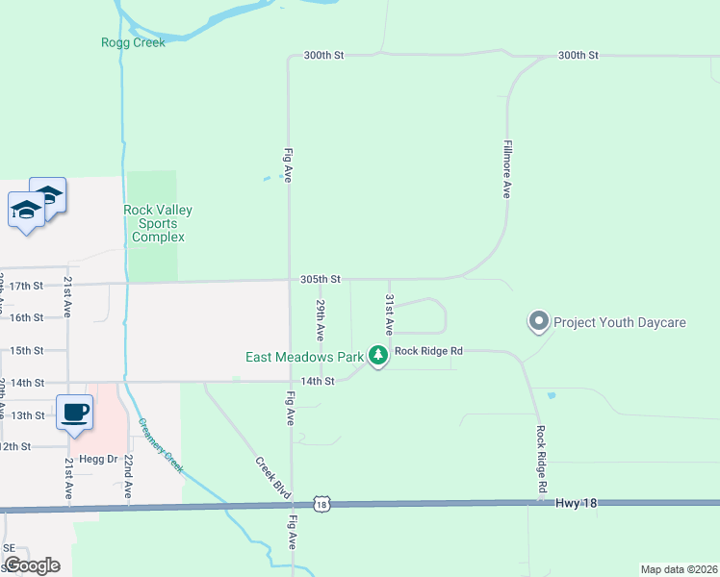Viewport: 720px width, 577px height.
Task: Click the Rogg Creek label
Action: pos(133,42)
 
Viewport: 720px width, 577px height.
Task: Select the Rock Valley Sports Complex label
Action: pos(158,224)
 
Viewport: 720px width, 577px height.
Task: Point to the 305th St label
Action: pos(321,279)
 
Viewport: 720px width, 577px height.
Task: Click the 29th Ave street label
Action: pos(321,319)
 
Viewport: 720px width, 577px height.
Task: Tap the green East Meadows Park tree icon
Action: pos(378,357)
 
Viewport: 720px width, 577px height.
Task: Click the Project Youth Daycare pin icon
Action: pos(538,321)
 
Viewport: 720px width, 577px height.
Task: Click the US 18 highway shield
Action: pos(321,504)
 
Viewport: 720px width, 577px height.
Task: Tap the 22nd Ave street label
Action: pos(127,477)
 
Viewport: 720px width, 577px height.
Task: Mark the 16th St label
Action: pos(27,317)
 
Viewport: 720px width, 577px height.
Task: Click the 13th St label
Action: pos(27,414)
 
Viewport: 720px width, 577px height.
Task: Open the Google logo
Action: pos(32,565)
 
